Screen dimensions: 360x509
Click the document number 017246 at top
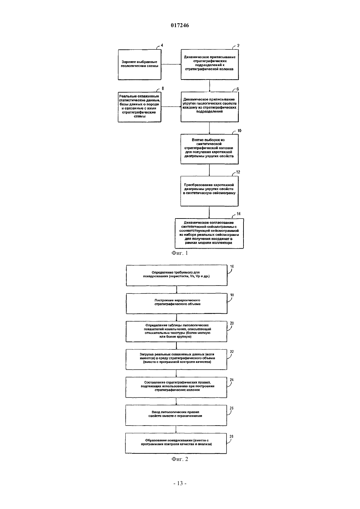coord(180,25)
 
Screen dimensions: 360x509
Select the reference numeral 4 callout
coord(162,45)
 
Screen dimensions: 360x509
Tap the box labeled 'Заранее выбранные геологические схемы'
coord(139,65)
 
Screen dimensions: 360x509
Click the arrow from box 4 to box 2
coord(171,64)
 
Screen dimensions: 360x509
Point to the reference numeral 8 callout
coord(163,88)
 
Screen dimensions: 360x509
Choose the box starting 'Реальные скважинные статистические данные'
coord(139,107)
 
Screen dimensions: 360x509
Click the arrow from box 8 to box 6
coord(171,107)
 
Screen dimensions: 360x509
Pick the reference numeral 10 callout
coord(239,131)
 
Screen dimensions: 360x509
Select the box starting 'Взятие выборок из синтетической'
coord(209,149)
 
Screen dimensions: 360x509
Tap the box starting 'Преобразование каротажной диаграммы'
coord(209,191)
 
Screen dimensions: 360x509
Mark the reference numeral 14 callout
coord(238,214)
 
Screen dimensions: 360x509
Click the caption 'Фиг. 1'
coord(180,253)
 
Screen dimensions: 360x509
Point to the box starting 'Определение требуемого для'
coord(177,275)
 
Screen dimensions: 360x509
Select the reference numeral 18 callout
coord(232,295)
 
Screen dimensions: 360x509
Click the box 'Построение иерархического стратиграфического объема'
coord(177,303)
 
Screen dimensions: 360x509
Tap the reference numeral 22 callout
coord(232,352)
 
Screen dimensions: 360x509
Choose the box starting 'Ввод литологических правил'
coord(176,415)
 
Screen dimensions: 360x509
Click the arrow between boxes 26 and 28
coord(176,430)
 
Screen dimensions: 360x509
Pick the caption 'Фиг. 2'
coord(180,459)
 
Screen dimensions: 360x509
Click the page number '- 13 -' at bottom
coord(180,483)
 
